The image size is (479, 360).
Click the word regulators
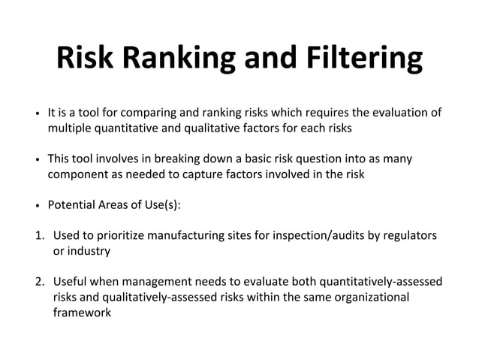410,236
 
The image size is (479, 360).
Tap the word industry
89,251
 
